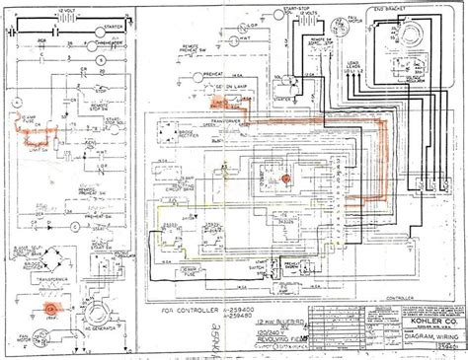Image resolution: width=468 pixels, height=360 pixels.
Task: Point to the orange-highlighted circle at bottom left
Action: coord(49,307)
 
